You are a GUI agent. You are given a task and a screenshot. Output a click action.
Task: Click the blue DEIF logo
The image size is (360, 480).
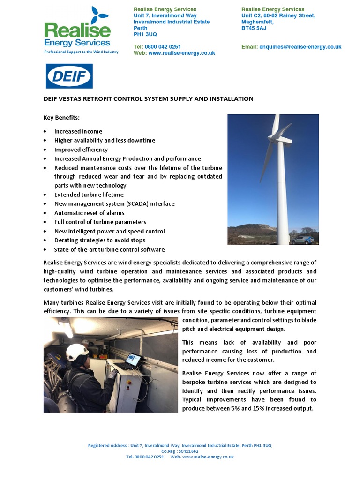69,76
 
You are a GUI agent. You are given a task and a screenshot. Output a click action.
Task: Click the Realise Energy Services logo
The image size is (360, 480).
78,31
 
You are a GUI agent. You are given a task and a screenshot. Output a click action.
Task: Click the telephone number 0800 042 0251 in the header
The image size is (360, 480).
164,47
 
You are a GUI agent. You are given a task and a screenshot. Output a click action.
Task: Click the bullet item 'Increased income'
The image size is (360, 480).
78,131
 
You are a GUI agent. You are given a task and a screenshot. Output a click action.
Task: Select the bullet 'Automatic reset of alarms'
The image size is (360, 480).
89,213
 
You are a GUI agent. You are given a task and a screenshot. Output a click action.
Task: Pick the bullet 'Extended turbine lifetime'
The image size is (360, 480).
89,195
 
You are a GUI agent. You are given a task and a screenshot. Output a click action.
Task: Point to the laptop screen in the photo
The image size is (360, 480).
133,360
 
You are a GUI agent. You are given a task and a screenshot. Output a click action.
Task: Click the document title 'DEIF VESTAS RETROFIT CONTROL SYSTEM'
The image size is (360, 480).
148,99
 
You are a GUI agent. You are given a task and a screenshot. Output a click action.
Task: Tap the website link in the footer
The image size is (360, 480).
207,457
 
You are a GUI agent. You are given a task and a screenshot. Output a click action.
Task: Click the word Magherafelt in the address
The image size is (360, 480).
257,22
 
